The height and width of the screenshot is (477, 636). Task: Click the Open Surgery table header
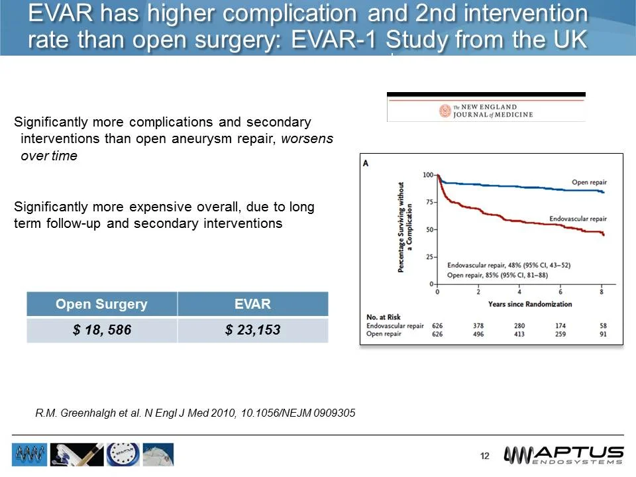tap(101, 304)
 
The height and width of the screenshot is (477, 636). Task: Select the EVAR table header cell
tap(252, 304)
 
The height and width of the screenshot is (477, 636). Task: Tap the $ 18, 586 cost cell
tap(101, 330)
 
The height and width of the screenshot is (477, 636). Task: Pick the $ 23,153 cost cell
tap(252, 330)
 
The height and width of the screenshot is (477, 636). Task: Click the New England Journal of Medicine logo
tap(486, 111)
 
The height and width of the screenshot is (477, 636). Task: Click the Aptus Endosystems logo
tap(564, 455)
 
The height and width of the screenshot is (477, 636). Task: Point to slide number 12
tap(484, 456)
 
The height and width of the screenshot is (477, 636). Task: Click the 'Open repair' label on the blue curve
tap(588, 182)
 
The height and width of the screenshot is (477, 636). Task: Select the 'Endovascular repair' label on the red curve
tap(578, 219)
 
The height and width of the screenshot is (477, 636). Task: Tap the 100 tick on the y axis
tap(427, 174)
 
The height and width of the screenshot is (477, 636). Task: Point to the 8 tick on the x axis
tap(602, 291)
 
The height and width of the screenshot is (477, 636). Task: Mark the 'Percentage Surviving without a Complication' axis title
tap(405, 229)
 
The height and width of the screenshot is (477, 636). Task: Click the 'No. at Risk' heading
tap(383, 317)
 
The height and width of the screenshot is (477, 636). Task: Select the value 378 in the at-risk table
tap(478, 326)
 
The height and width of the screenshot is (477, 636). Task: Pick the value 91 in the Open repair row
tap(602, 335)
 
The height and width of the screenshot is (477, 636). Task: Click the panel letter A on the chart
tap(366, 163)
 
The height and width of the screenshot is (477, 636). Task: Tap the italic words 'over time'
tap(49, 156)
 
